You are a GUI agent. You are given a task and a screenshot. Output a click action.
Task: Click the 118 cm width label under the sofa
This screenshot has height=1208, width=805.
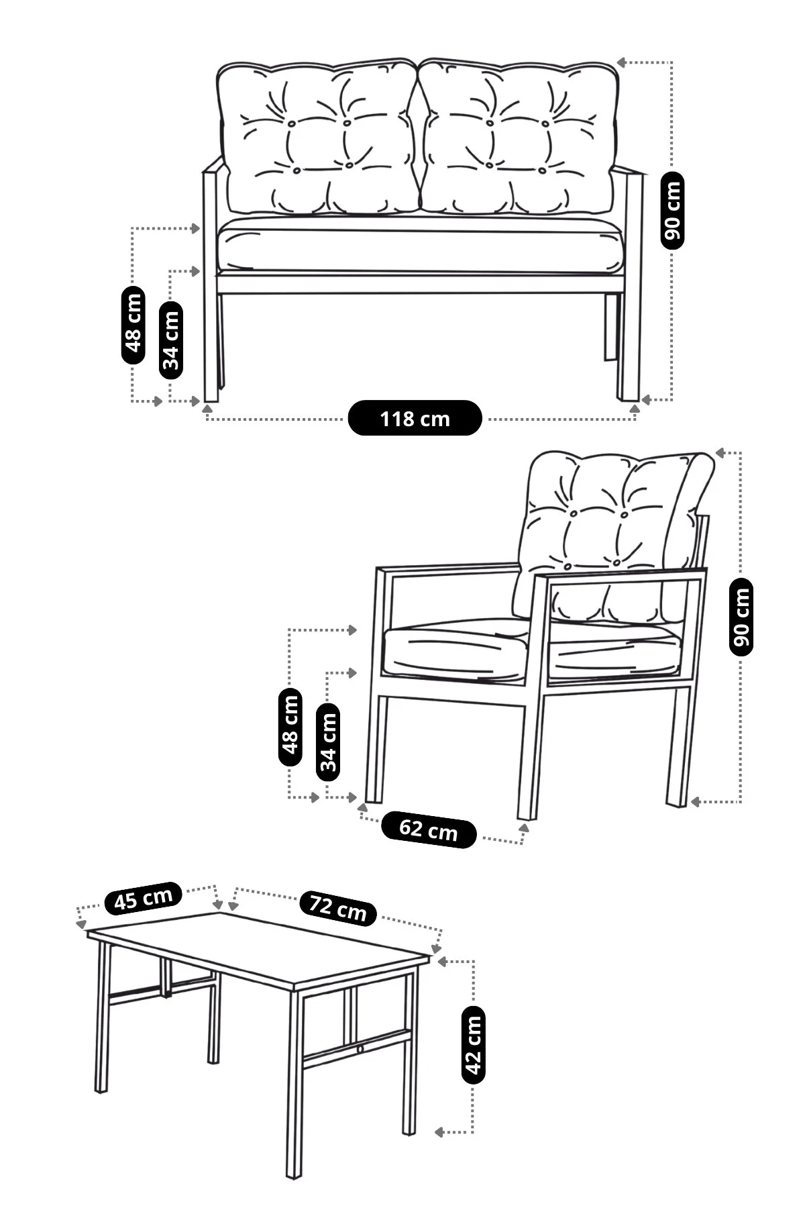[415, 418]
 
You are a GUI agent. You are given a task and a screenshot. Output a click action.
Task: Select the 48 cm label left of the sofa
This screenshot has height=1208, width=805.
[133, 325]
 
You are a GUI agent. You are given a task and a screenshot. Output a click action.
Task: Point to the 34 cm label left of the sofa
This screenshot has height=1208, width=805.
[171, 340]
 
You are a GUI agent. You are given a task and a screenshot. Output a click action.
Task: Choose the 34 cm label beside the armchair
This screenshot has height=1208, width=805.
[327, 742]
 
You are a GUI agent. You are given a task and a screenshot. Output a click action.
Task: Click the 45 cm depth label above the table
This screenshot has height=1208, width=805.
[144, 898]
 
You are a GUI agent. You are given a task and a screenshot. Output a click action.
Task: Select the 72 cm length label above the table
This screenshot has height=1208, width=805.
[338, 907]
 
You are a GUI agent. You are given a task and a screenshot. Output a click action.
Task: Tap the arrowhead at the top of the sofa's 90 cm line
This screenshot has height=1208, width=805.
[622, 62]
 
